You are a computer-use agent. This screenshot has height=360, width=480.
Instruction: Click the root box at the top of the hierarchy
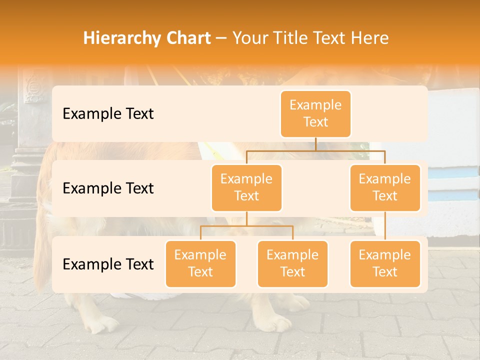click(315, 113)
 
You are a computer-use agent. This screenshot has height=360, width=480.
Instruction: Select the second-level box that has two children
click(246, 187)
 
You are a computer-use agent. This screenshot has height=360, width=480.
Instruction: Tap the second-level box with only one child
click(385, 187)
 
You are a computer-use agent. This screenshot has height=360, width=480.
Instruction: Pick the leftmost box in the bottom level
click(200, 263)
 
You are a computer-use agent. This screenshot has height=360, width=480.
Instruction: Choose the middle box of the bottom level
click(292, 263)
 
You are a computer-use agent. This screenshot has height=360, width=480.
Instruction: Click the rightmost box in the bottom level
click(385, 263)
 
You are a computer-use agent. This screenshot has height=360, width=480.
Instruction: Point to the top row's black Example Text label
click(108, 113)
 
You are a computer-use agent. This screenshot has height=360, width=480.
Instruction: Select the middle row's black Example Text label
click(108, 188)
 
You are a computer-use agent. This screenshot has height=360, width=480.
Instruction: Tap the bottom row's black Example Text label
click(108, 264)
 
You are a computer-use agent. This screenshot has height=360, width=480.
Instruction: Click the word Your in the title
click(249, 38)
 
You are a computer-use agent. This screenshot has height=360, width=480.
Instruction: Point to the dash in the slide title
click(221, 38)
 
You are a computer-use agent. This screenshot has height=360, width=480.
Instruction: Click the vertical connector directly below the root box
click(315, 144)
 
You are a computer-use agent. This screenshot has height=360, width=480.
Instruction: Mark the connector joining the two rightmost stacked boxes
click(385, 226)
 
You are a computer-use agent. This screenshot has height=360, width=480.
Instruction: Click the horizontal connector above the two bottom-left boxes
click(246, 226)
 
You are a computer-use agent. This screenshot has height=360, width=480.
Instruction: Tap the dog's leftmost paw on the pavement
click(102, 325)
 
